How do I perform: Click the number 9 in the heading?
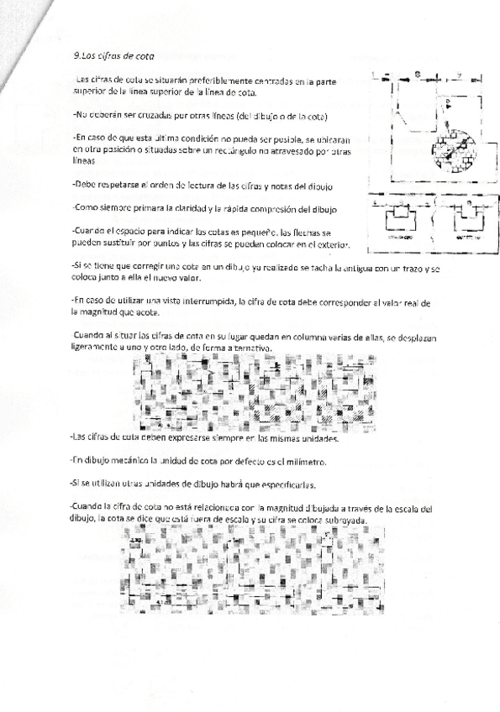click(76, 56)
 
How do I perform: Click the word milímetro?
click(310, 462)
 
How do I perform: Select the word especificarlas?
click(289, 485)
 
